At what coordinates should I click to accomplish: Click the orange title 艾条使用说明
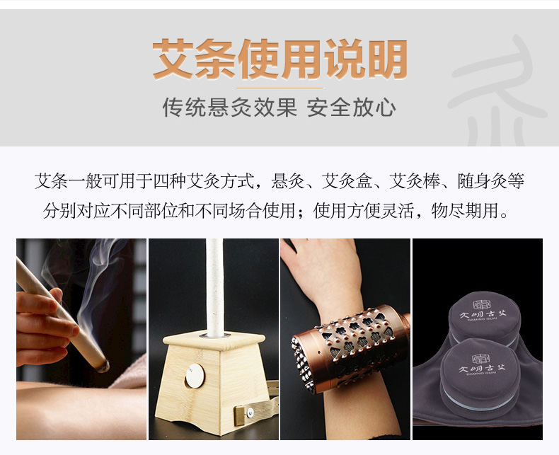click(280, 59)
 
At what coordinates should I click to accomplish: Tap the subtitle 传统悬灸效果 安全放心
click(279, 108)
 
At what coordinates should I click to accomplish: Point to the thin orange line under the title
click(280, 88)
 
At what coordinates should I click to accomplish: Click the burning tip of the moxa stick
click(104, 366)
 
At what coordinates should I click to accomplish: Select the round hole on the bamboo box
click(195, 376)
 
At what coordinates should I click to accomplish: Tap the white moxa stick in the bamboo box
click(215, 288)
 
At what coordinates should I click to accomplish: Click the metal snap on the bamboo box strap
click(250, 413)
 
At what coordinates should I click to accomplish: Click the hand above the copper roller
click(323, 271)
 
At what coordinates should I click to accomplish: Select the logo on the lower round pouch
click(482, 364)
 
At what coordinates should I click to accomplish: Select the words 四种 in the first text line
click(169, 180)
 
